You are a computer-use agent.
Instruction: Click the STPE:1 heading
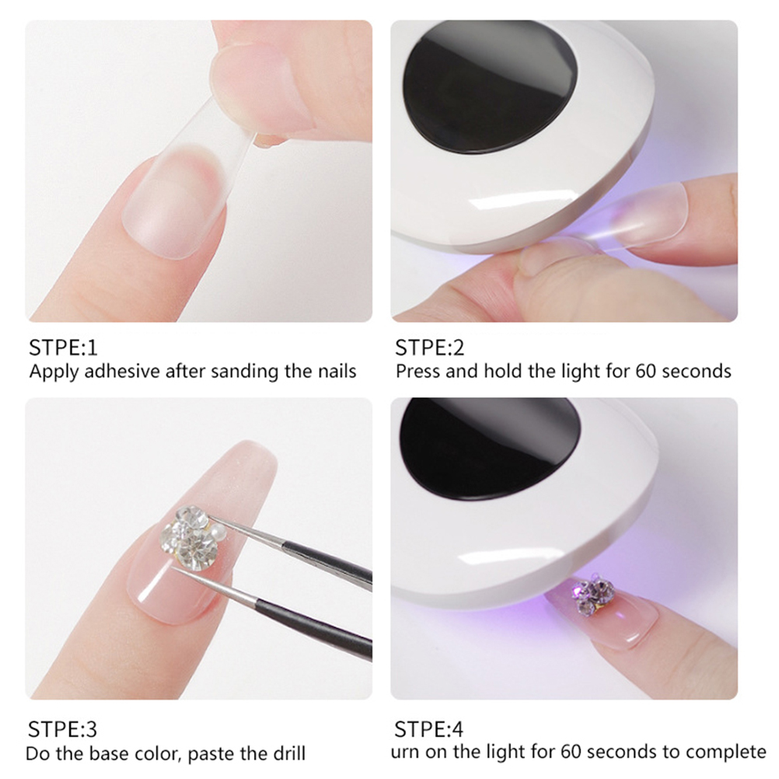[63, 348]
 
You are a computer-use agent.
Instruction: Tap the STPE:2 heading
[429, 348]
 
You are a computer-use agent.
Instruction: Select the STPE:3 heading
[63, 728]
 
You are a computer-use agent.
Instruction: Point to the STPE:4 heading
[428, 728]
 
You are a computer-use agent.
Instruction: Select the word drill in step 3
[288, 753]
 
